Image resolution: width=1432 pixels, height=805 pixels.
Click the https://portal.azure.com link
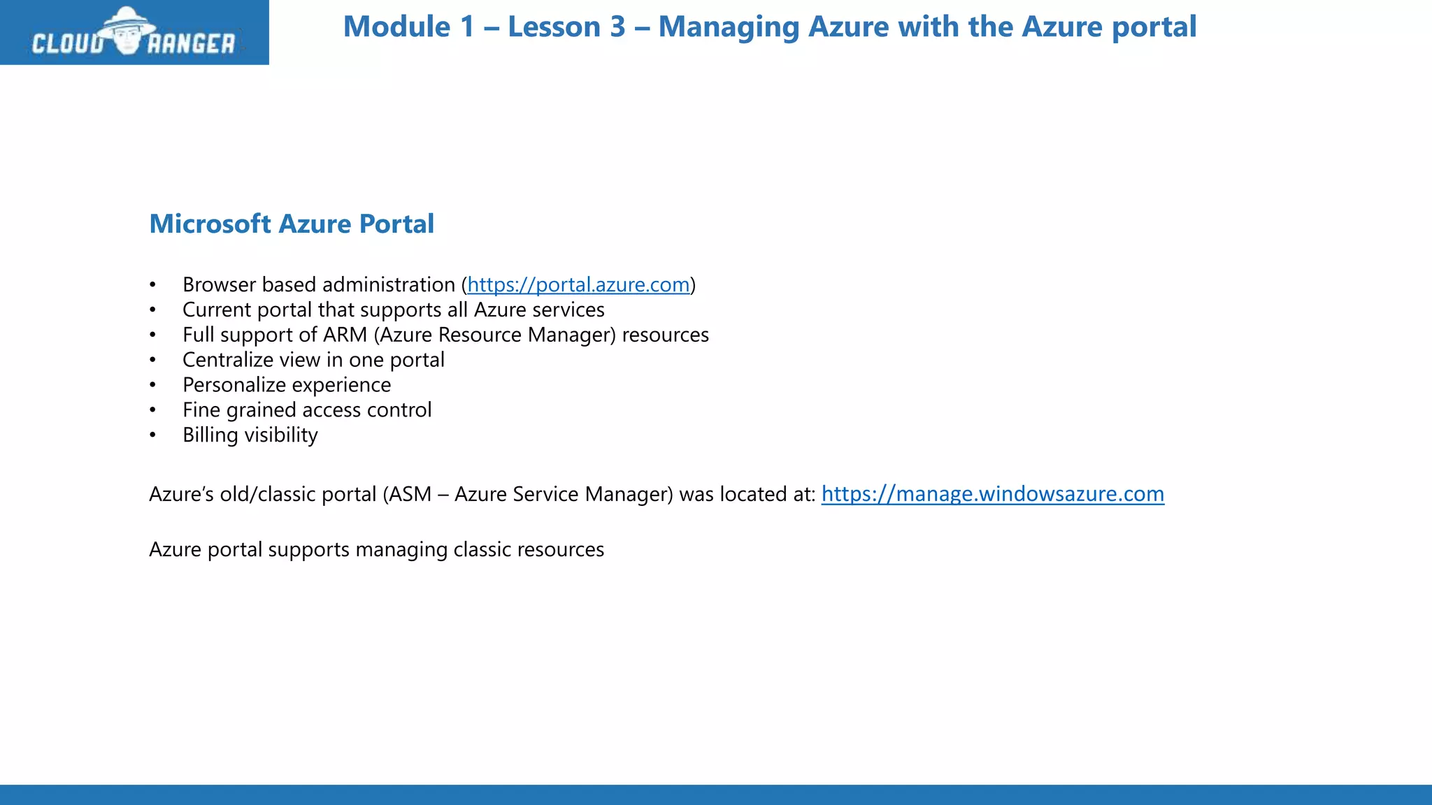[x=578, y=285]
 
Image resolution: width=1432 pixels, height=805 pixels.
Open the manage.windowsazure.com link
[x=992, y=494]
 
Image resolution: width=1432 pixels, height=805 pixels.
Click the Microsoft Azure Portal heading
[x=292, y=224]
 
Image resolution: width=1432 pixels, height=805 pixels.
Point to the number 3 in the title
[x=617, y=27]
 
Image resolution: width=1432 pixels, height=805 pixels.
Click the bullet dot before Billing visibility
[x=152, y=435]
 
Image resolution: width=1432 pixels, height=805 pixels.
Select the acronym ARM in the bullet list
[x=345, y=335]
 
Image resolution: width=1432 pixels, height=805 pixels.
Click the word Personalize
[x=234, y=385]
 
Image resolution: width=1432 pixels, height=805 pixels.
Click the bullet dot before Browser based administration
[x=152, y=285]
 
